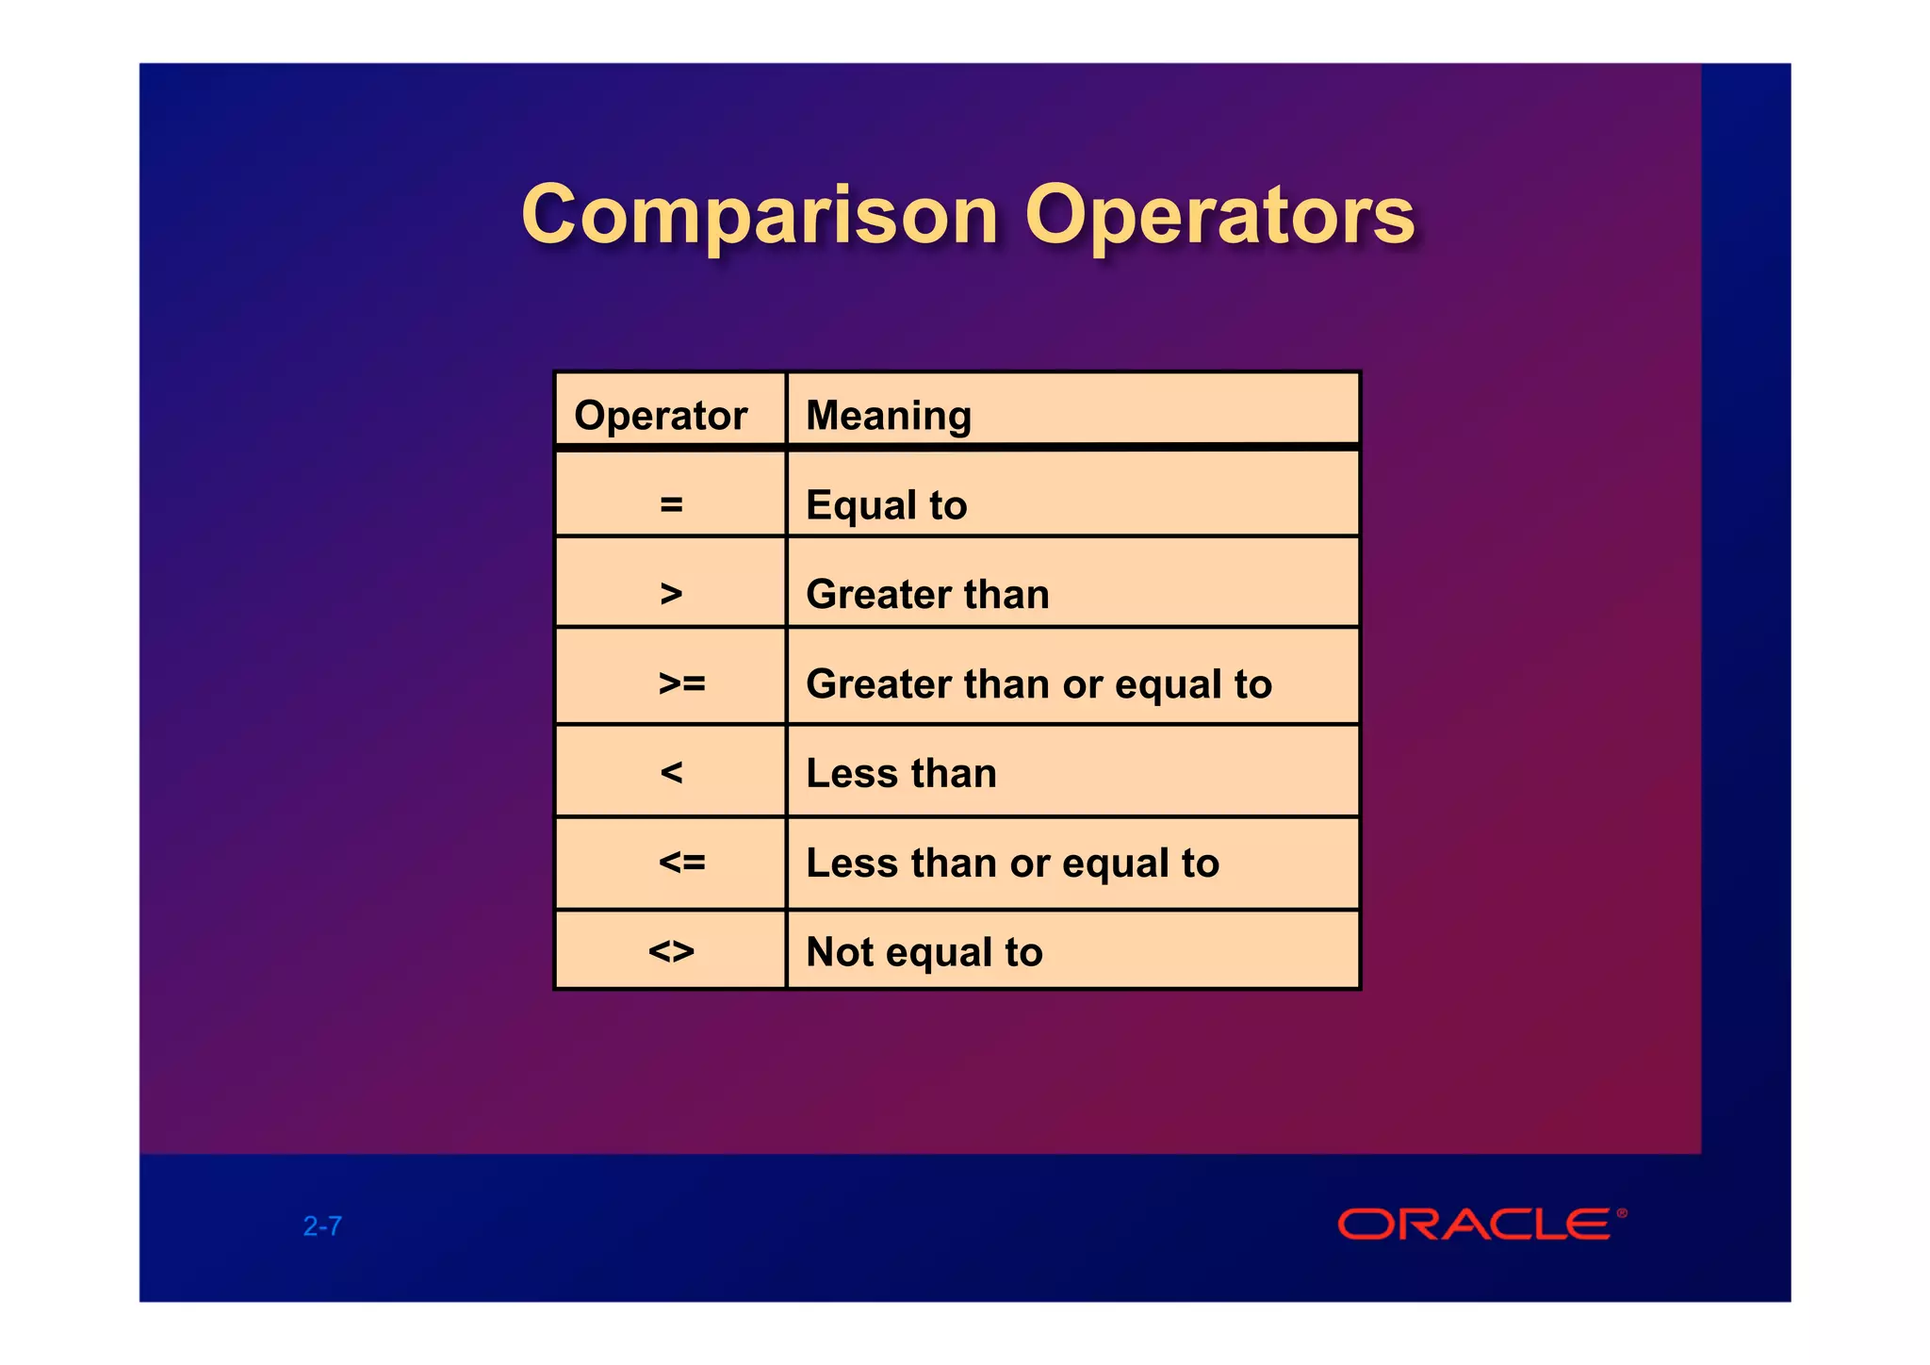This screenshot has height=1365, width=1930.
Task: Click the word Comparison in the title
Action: coord(759,215)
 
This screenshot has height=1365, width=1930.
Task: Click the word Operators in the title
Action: coord(1219,215)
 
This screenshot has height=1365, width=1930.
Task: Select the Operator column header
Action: coord(661,416)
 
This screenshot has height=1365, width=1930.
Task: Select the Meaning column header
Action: coord(888,416)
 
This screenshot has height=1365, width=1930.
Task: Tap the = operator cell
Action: coord(671,504)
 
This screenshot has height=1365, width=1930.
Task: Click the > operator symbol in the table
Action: coord(671,594)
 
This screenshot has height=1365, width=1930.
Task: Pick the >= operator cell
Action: coord(681,682)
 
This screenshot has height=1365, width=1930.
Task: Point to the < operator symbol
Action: coord(671,773)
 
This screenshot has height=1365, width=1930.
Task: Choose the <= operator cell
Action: coord(681,863)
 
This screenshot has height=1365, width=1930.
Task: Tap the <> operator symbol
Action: coord(671,951)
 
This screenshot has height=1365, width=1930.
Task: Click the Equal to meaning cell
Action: coord(886,504)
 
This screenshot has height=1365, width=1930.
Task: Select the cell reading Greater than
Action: coord(927,594)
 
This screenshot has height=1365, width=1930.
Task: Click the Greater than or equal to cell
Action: coord(1039,683)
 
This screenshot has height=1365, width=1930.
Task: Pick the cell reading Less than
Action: coord(901,773)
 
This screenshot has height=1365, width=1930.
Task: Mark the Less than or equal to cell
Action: coord(1012,863)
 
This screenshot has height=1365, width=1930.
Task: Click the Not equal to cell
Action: coord(924,951)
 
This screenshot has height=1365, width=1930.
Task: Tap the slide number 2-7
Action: coord(322,1225)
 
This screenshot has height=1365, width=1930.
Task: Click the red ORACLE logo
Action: coord(1475,1225)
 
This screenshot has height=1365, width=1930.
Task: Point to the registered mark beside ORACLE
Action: coord(1622,1213)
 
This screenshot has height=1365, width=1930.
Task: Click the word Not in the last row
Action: coord(841,951)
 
